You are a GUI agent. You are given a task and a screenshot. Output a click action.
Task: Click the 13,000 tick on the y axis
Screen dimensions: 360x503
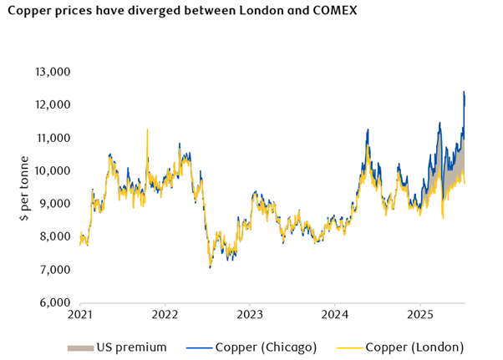pyautogui.click(x=52, y=72)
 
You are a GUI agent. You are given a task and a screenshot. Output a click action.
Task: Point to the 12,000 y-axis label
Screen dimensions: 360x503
pyautogui.click(x=52, y=104)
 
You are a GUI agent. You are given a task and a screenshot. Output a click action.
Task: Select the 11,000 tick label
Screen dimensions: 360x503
pyautogui.click(x=52, y=138)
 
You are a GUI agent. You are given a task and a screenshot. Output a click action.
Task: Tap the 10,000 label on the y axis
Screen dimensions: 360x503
pyautogui.click(x=52, y=171)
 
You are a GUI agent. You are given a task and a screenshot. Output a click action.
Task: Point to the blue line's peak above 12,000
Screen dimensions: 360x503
pyautogui.click(x=464, y=92)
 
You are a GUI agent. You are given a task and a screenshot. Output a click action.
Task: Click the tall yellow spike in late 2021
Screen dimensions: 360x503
pyautogui.click(x=147, y=129)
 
